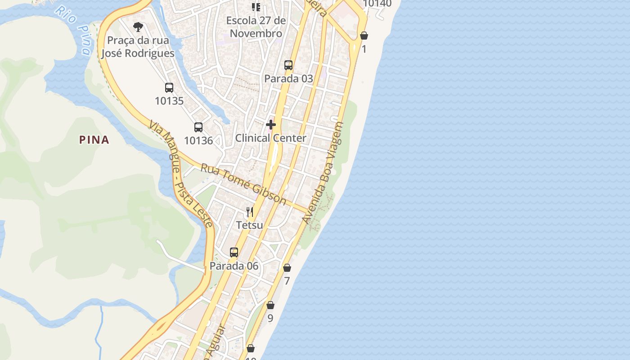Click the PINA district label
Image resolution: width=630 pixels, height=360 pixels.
coord(94,140)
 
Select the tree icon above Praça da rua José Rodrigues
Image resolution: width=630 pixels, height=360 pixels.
coord(138,27)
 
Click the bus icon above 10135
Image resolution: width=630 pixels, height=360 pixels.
coord(169,88)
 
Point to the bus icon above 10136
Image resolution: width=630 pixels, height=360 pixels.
coord(198,127)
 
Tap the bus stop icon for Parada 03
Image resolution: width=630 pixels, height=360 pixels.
coord(288,65)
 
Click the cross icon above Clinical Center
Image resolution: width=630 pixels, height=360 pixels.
coord(271,125)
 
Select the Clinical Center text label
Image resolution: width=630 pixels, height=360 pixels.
coord(271,138)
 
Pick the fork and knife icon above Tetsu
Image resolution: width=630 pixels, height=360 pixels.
coord(250,211)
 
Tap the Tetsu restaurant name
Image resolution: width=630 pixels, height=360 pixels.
coord(250,225)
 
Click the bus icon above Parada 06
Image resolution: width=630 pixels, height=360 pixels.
coord(234,252)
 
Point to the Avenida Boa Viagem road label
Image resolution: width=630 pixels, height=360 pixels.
coord(323,173)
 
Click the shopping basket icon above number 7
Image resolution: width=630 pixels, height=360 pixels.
coord(287,268)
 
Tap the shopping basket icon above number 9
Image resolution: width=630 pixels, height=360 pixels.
coord(270,306)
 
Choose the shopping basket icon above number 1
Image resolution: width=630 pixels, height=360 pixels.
coord(364,36)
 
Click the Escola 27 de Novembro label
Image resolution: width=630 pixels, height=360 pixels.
coord(256,27)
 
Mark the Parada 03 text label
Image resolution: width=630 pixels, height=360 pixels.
coord(288,78)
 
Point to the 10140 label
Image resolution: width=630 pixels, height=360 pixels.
coord(377,4)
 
